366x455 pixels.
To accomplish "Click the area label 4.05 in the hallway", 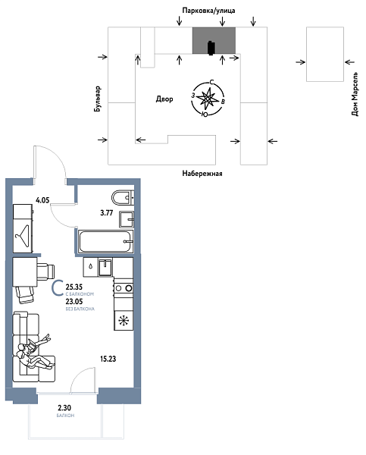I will click(42, 201).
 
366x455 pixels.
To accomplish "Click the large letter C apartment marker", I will click(57, 288).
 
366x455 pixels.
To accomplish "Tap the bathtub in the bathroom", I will click(106, 243).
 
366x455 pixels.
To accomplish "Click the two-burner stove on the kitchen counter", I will click(124, 288).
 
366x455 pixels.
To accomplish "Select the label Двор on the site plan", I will click(164, 99).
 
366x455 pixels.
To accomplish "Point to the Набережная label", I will click(202, 174).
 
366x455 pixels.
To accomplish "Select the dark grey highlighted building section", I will click(213, 42).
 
